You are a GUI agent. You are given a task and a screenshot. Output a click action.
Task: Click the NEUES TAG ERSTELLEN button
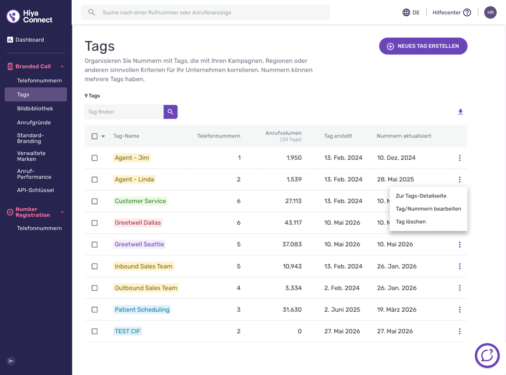tap(423, 46)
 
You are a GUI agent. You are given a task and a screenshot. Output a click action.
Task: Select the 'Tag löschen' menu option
tap(411, 222)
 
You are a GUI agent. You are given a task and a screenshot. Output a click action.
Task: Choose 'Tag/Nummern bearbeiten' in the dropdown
tap(428, 209)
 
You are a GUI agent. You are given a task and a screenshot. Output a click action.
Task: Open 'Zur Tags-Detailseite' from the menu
tap(421, 196)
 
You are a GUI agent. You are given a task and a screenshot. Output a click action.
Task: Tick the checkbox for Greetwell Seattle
tap(95, 244)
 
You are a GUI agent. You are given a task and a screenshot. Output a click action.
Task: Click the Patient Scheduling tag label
tap(142, 309)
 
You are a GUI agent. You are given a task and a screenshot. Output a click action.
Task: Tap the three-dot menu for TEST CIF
tap(460, 331)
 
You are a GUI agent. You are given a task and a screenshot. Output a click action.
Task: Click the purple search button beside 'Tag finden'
tap(170, 112)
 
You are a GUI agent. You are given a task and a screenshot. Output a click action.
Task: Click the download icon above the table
tap(460, 112)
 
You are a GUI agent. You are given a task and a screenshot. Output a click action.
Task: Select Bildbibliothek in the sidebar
tap(35, 108)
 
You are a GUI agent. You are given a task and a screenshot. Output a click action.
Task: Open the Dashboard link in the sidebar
tap(30, 40)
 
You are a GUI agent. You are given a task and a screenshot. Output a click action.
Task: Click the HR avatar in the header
tap(490, 12)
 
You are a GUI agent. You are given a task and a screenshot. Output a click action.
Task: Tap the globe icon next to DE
tap(406, 12)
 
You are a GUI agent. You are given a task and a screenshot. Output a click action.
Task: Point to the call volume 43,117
tap(293, 223)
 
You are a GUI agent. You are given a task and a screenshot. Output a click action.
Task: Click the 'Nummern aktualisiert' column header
tap(404, 136)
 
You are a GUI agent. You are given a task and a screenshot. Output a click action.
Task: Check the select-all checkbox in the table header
tap(95, 136)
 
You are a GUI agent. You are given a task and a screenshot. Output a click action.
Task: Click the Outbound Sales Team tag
tap(146, 288)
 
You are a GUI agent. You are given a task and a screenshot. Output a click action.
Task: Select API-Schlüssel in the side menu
tap(35, 190)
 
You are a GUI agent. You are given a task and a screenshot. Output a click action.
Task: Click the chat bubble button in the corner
tap(487, 356)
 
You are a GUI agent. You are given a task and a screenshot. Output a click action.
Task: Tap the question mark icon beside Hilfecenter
tap(467, 12)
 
